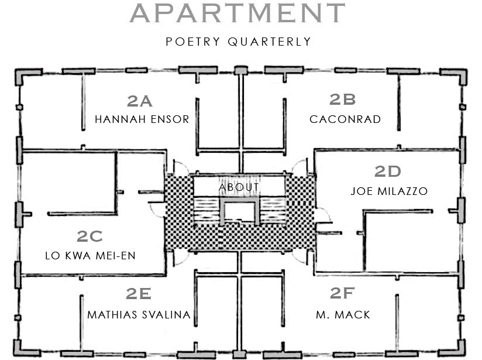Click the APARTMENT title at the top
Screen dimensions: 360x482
[x=237, y=13]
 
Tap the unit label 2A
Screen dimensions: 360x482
[x=140, y=101]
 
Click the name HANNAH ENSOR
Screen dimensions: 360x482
[x=142, y=119]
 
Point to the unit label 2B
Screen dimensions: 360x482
[x=343, y=100]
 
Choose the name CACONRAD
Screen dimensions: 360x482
[x=345, y=119]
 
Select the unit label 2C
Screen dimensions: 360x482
[x=90, y=236]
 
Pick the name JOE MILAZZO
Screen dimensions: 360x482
[x=389, y=191]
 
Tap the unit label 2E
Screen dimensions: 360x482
[x=139, y=294]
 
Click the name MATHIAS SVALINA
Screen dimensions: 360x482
[x=139, y=315]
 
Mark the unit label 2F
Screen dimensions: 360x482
[x=343, y=294]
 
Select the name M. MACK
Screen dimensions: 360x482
[x=343, y=315]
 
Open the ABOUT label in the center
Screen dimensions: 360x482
[x=239, y=187]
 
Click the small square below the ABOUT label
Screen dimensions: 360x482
[x=240, y=211]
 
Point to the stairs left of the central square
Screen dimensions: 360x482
[x=206, y=211]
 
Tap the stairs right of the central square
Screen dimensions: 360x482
[x=272, y=211]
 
